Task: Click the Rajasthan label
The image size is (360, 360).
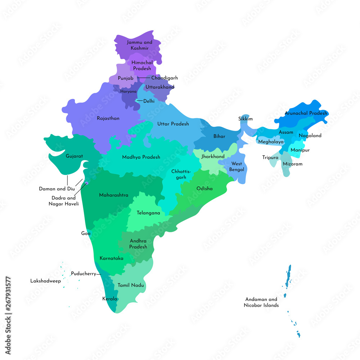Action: pyautogui.click(x=108, y=118)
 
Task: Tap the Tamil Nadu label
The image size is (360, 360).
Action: pyautogui.click(x=131, y=285)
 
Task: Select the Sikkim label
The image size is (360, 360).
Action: pyautogui.click(x=246, y=119)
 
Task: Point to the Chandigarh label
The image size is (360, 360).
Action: pyautogui.click(x=164, y=78)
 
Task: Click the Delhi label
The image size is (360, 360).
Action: pyautogui.click(x=149, y=101)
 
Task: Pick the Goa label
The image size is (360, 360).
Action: pyautogui.click(x=86, y=233)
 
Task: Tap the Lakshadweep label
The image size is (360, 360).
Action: pyautogui.click(x=45, y=281)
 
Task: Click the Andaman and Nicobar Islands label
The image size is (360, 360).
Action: pyautogui.click(x=262, y=302)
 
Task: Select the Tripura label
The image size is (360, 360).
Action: pyautogui.click(x=270, y=157)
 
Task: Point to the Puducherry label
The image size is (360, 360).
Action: pyautogui.click(x=83, y=274)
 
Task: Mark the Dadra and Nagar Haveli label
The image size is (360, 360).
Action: pyautogui.click(x=64, y=201)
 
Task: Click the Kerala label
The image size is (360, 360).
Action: pyautogui.click(x=109, y=299)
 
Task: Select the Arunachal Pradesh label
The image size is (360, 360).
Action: pyautogui.click(x=306, y=113)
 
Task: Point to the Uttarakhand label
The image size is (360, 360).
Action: pyautogui.click(x=160, y=87)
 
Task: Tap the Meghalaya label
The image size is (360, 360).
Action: pyautogui.click(x=271, y=142)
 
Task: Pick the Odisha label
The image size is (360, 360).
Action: pyautogui.click(x=204, y=189)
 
